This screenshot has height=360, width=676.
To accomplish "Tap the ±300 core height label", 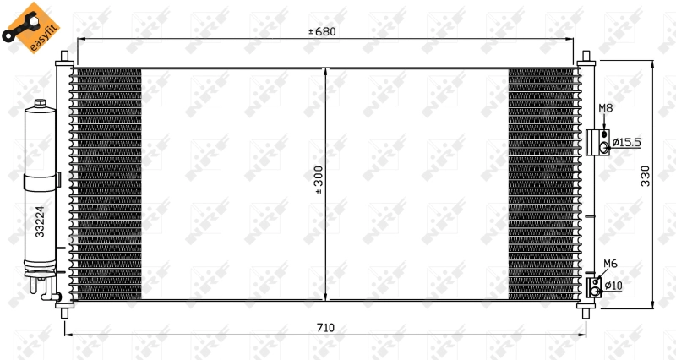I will pyautogui.click(x=319, y=180).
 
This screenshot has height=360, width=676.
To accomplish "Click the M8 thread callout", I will pyautogui.click(x=605, y=108).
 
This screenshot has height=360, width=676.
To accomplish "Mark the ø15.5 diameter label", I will pyautogui.click(x=627, y=142).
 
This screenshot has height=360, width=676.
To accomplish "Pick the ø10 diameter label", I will pyautogui.click(x=613, y=286).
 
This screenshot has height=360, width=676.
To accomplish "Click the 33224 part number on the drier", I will pyautogui.click(x=39, y=221).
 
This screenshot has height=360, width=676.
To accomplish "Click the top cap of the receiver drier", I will pyautogui.click(x=40, y=106).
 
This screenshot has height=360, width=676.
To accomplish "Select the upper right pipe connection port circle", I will pyautogui.click(x=604, y=148).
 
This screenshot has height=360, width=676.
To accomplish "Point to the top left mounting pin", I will pyautogui.click(x=65, y=59).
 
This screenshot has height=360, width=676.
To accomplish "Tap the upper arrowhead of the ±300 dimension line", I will pyautogui.click(x=326, y=72).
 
